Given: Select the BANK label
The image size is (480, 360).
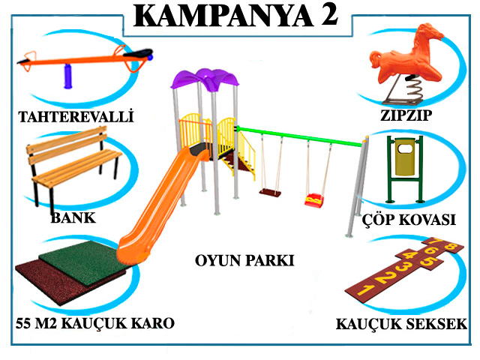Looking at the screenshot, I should (x=73, y=219).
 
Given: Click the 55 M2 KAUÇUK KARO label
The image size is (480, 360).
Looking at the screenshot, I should (x=94, y=323).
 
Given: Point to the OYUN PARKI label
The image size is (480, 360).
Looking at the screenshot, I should (x=244, y=261).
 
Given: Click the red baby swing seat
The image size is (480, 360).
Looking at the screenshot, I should (x=313, y=200).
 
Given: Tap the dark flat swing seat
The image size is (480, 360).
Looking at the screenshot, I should (x=270, y=193).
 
